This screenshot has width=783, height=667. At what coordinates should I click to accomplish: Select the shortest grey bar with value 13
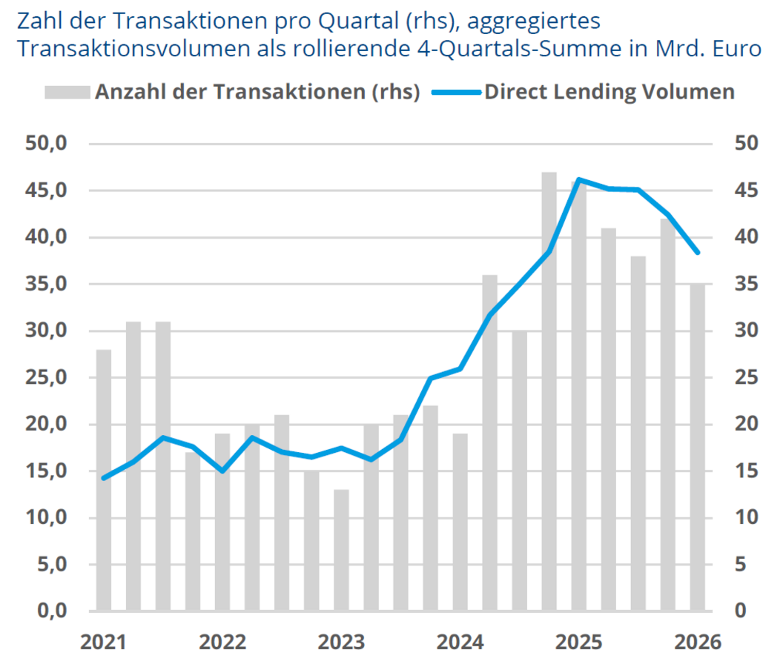point(341,550)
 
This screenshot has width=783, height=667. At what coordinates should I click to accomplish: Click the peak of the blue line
point(578,179)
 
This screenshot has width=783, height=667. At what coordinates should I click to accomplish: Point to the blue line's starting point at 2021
point(104,478)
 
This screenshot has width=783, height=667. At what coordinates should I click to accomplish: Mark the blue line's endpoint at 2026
point(697,253)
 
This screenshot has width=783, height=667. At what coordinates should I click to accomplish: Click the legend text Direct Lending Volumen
point(609,92)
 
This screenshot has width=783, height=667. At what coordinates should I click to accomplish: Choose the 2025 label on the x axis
point(578,642)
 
